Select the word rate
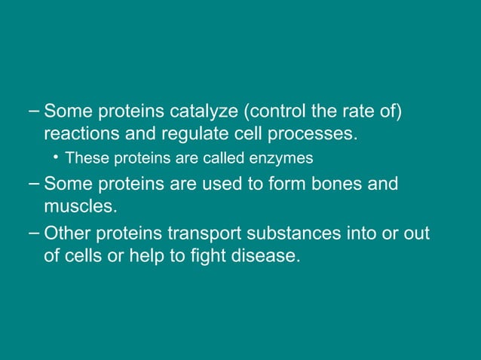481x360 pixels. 354,113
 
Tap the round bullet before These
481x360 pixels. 57,158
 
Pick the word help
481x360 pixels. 152,257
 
